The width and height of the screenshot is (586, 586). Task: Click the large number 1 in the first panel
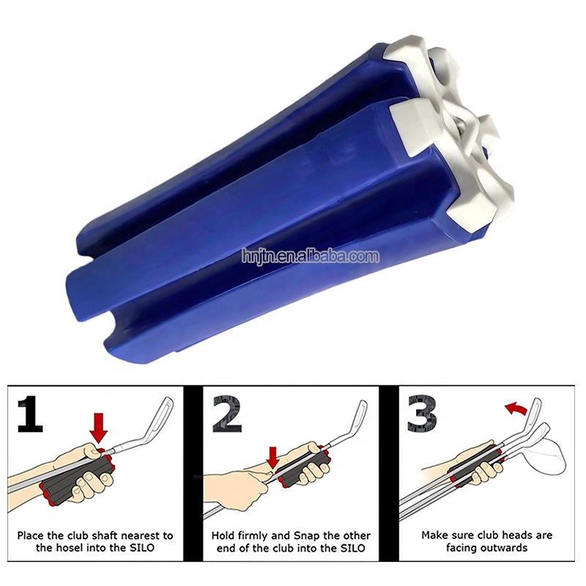tap(30, 414)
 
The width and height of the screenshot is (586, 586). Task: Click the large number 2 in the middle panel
tap(227, 414)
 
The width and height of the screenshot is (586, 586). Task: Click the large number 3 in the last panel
tap(423, 414)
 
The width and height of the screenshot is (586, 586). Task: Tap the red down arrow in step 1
tap(98, 428)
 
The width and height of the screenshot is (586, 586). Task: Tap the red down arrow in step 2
tap(273, 456)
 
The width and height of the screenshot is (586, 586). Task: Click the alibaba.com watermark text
tap(311, 256)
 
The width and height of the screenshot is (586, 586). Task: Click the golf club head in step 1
tap(160, 416)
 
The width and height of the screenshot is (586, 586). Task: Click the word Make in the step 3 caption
tap(434, 535)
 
